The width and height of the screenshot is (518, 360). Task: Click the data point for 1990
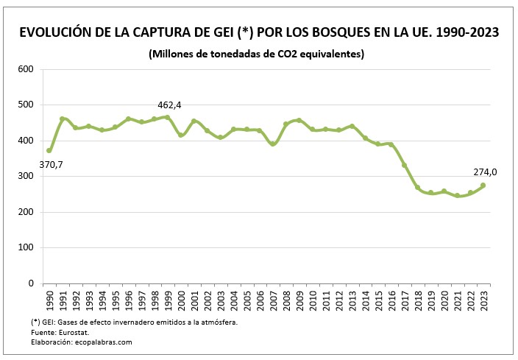[49, 151]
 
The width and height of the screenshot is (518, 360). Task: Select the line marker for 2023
[483, 186]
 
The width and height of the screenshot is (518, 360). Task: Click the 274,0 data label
[485, 172]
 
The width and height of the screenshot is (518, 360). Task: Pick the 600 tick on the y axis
[26, 69]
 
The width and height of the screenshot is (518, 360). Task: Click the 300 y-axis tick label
[26, 177]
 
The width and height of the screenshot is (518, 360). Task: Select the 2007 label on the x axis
[272, 301]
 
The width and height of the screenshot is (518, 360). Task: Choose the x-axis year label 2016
[391, 301]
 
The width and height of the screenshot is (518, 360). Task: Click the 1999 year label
[167, 301]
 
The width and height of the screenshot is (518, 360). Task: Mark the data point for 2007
[272, 144]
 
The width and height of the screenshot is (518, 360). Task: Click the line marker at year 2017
[404, 165]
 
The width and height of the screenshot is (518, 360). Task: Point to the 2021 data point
[457, 196]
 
